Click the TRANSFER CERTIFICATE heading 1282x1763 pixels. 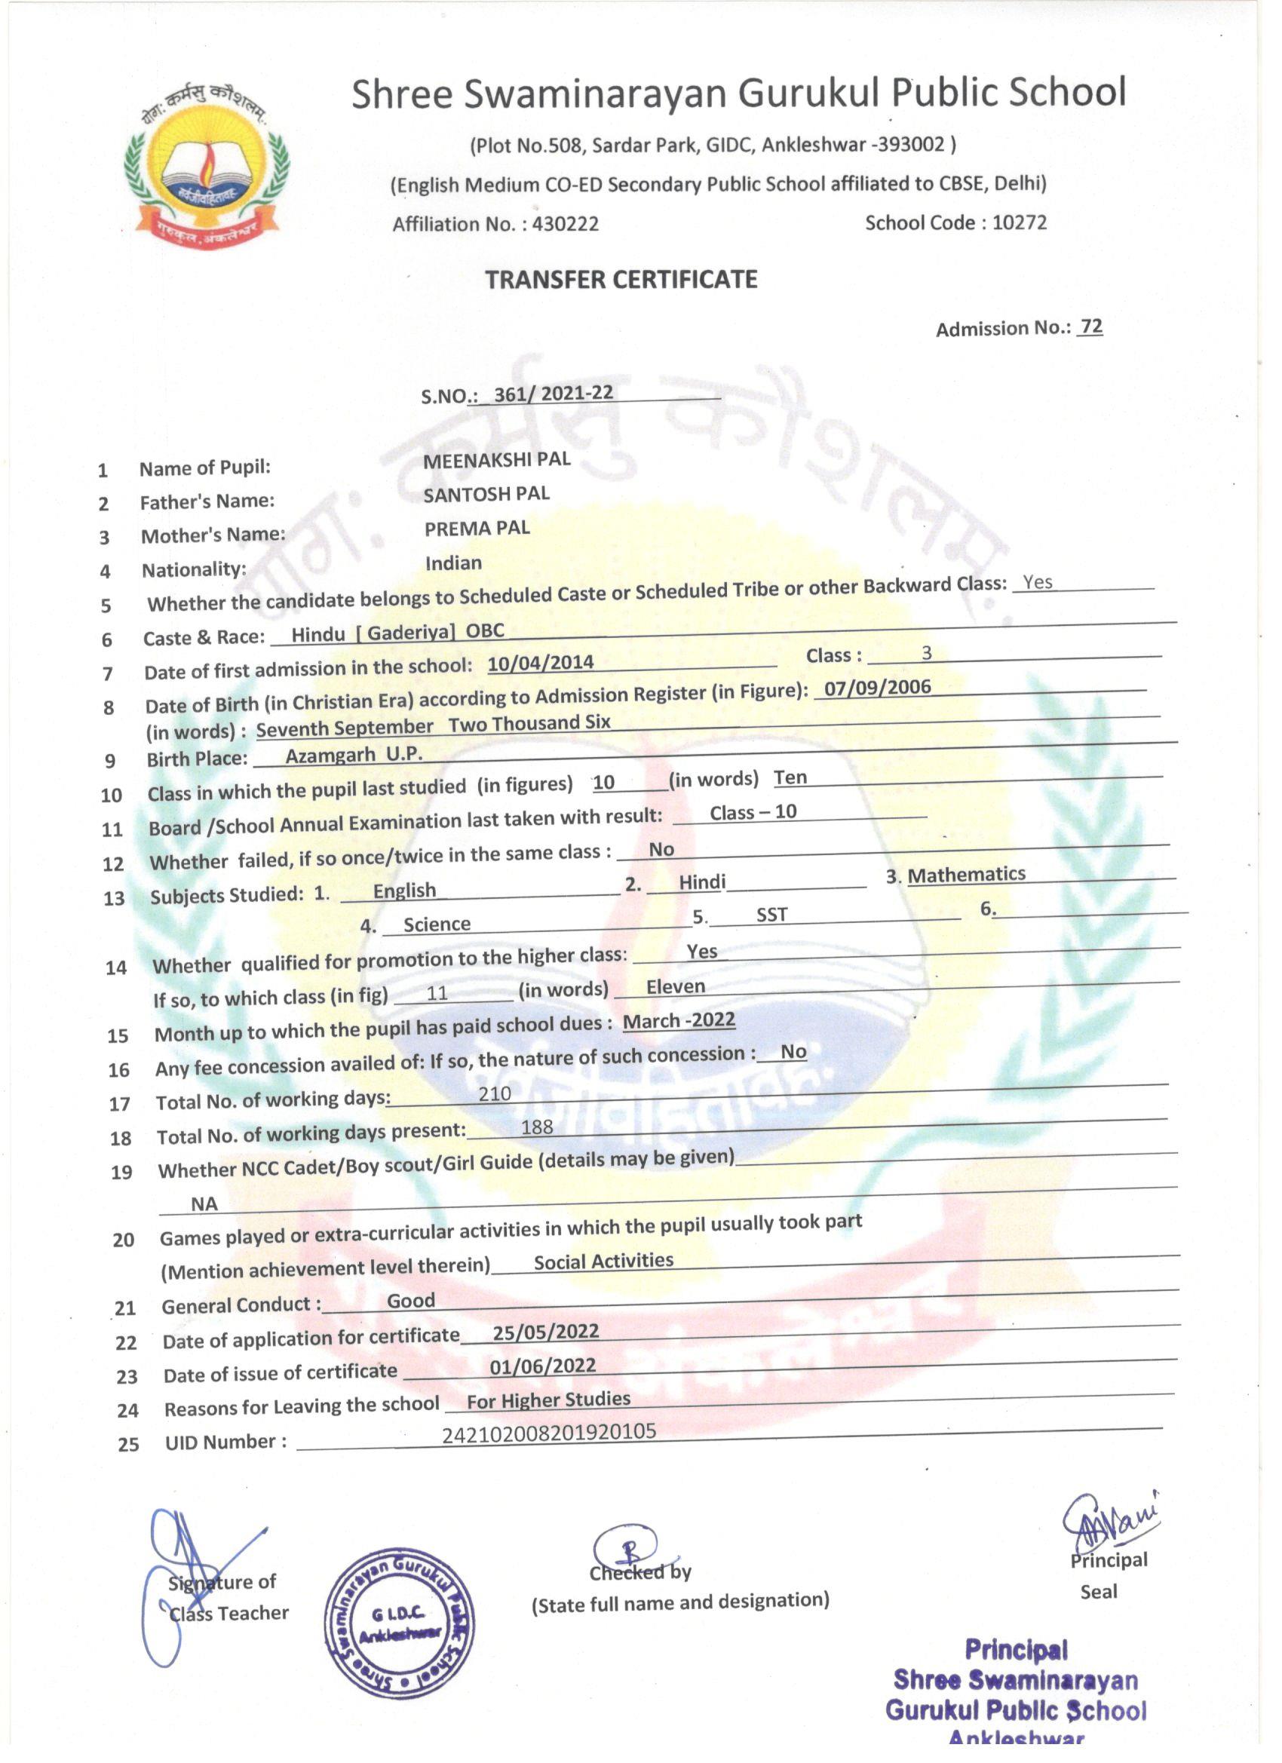621,279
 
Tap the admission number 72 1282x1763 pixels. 1090,327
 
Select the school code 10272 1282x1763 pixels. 1019,222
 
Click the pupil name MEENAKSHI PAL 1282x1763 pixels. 497,459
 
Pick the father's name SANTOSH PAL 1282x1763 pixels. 486,494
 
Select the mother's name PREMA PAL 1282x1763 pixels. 477,528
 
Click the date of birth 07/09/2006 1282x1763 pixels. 877,687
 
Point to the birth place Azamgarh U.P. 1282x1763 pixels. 354,754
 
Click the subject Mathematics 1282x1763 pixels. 966,875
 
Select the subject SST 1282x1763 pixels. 772,915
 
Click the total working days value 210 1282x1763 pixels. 495,1093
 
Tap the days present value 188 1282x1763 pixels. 537,1127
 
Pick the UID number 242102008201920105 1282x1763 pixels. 549,1432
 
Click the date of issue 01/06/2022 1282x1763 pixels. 543,1366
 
